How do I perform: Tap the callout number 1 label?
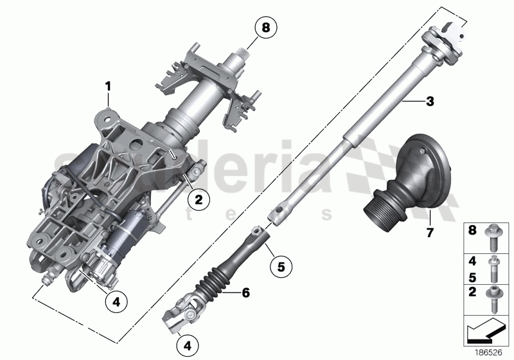coord(109,85)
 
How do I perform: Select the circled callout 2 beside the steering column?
coord(199,201)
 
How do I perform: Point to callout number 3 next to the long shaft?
coord(430,101)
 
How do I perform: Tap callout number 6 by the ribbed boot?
coord(244,292)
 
